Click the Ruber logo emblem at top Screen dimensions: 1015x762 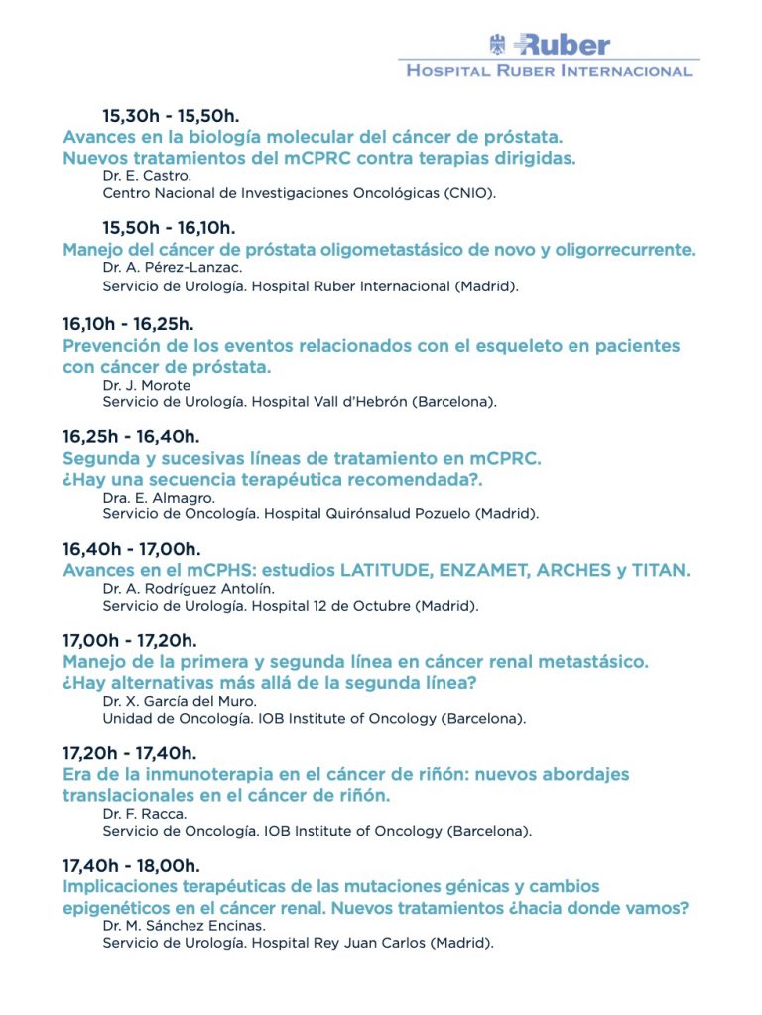click(498, 44)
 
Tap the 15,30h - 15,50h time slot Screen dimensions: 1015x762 click(171, 116)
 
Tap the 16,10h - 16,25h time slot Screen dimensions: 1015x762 click(127, 324)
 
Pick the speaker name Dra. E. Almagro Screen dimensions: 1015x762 click(159, 497)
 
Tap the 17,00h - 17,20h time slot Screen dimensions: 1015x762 click(129, 641)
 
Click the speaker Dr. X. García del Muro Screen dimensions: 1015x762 click(179, 701)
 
